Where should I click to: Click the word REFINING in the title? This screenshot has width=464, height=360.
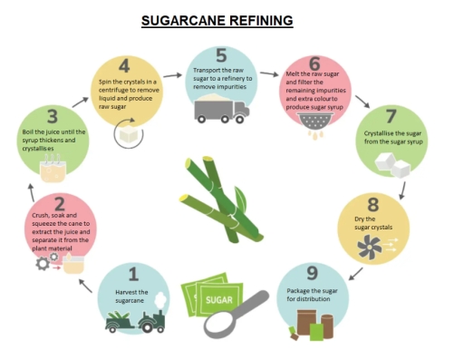point(261,21)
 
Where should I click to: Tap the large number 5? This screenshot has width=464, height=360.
point(221,55)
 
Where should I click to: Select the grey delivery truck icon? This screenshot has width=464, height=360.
point(222,112)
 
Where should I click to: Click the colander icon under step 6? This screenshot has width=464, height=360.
point(315,121)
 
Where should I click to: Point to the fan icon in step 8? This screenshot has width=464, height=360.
point(369,248)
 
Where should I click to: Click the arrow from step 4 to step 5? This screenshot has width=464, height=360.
point(173,75)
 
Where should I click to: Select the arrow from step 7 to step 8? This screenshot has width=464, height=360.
point(402,190)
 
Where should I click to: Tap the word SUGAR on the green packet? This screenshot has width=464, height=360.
point(219,300)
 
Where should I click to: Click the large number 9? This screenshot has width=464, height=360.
point(312,273)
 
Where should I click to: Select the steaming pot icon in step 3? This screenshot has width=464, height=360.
point(53,169)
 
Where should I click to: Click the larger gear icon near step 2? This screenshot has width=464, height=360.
point(43,264)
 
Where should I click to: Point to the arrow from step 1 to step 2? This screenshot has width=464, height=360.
point(85,286)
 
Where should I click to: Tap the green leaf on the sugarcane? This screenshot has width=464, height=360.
point(241,198)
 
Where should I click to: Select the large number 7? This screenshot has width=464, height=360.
point(391,116)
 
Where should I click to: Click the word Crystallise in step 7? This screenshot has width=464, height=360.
point(379,133)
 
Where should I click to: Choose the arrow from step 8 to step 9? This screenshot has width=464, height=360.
point(355,274)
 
